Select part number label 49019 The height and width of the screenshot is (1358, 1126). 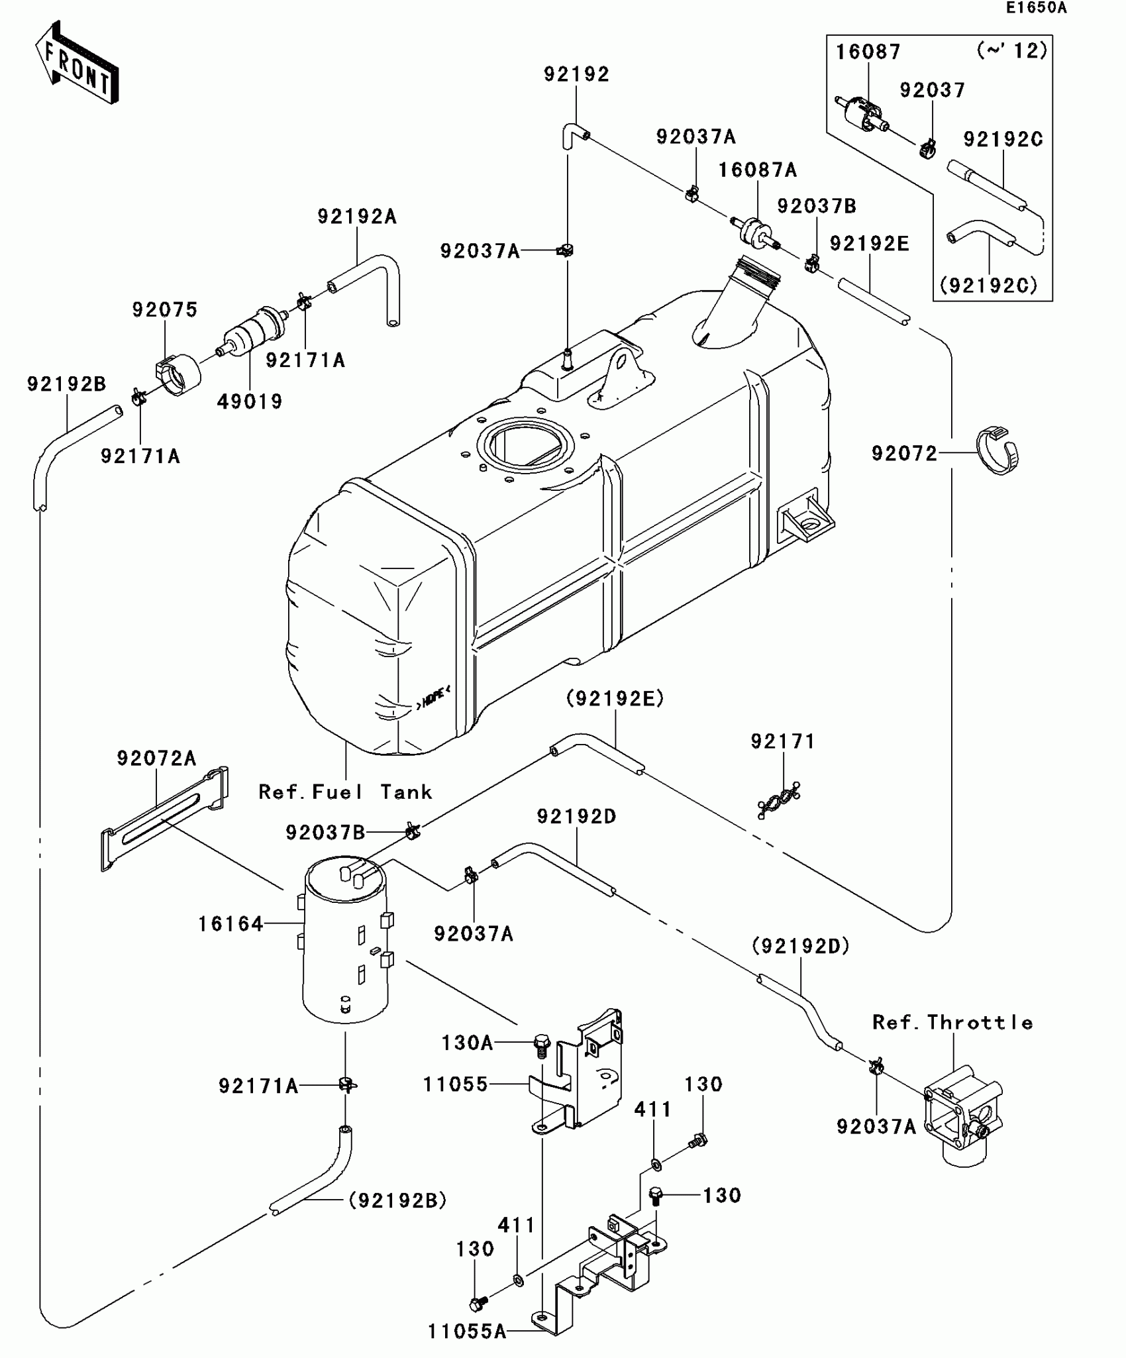(x=250, y=401)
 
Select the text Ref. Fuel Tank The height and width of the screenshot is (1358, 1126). (x=345, y=792)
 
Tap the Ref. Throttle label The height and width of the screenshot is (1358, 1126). (x=952, y=1023)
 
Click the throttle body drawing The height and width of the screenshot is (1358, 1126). (x=964, y=1120)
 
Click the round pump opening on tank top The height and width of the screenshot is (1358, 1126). (x=523, y=441)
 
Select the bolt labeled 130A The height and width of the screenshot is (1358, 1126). (x=542, y=1045)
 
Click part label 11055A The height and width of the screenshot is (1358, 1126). (x=467, y=1332)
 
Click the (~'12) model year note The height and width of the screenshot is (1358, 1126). (x=1013, y=50)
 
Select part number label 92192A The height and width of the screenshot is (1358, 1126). (x=357, y=217)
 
